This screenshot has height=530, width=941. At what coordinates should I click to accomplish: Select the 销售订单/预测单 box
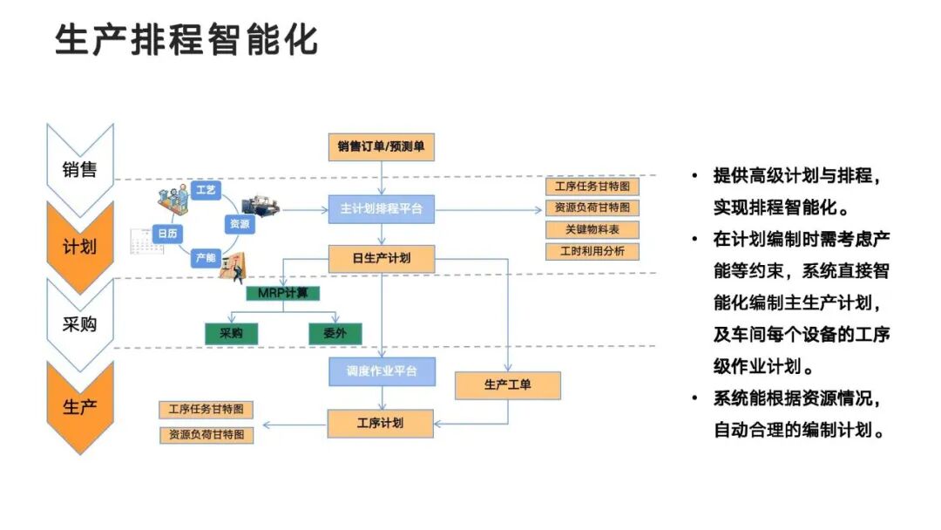coord(381,146)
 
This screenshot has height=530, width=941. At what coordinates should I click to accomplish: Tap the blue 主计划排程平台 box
coord(381,209)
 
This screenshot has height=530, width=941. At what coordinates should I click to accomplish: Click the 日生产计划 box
coord(381,258)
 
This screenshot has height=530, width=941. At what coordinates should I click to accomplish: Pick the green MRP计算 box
coord(282,293)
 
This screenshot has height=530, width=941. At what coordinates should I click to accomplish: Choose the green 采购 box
coord(231,333)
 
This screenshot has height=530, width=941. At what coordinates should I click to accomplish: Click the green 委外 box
coord(335,333)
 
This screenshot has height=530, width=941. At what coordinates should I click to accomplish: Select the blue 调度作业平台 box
coord(381,371)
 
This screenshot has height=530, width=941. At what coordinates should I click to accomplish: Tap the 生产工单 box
coord(507,384)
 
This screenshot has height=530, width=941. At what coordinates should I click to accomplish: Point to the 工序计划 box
coord(381,424)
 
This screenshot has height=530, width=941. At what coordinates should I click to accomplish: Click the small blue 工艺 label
coord(206,190)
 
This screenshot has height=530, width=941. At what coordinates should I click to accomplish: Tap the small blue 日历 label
coord(167,234)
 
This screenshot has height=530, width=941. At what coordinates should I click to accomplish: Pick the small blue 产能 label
coord(206,257)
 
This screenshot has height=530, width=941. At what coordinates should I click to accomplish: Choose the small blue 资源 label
coord(240,224)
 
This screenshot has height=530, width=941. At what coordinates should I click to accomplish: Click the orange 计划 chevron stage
coord(79,247)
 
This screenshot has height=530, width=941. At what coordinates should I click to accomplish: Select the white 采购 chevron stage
coord(79,324)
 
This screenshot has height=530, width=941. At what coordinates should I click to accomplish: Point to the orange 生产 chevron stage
coord(79,406)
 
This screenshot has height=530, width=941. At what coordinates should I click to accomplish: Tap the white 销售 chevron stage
coord(79,169)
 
